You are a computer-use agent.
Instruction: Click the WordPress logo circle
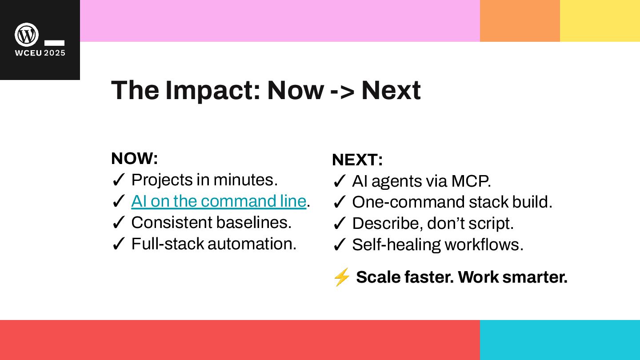(27, 35)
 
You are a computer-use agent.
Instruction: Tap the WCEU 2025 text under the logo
(40, 53)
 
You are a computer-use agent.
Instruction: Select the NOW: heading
(135, 158)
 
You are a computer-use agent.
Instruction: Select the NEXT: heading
(357, 160)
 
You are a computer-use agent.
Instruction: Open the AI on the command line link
(219, 201)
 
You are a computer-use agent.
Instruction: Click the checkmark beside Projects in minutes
(118, 180)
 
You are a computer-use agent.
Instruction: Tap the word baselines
(254, 222)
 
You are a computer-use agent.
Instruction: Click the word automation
(252, 244)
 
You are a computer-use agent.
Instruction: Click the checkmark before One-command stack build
(339, 202)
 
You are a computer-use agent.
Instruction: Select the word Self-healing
(396, 245)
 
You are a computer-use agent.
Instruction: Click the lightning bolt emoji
(341, 277)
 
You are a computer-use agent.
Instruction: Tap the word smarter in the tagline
(535, 277)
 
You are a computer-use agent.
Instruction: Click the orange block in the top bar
(520, 21)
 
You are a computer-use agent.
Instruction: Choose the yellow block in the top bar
(600, 21)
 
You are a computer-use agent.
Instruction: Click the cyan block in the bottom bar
(560, 340)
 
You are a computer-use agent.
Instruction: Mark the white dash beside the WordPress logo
(54, 43)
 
